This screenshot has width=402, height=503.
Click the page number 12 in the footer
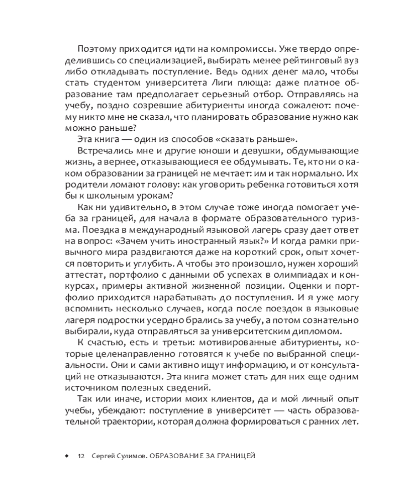(x=82, y=456)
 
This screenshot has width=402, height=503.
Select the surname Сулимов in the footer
(x=131, y=456)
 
